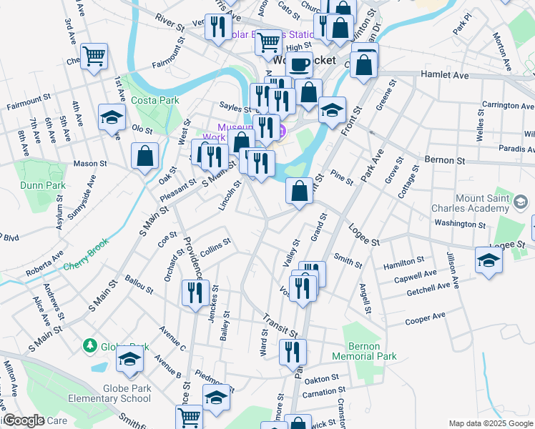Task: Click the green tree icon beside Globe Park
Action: (89, 346)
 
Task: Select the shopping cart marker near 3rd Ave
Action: (94, 55)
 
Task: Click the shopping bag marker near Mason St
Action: (145, 155)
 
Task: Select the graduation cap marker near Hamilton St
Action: (489, 260)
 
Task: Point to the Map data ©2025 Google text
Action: (490, 423)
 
